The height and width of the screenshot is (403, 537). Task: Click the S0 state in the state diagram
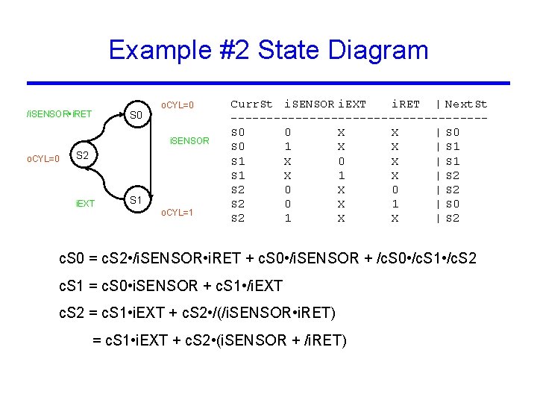tap(136, 116)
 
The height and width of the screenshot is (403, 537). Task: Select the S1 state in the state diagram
tap(136, 201)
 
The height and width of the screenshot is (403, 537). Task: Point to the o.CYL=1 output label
tap(178, 213)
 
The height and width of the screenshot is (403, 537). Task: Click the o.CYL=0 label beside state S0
tap(178, 104)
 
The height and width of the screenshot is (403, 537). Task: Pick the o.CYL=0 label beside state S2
tap(43, 159)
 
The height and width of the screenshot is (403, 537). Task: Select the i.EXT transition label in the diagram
tap(86, 203)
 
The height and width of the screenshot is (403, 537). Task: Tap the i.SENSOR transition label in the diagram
tap(189, 140)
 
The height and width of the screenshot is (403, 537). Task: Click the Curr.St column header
tap(251, 104)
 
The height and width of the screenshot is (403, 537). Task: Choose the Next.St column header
tap(465, 104)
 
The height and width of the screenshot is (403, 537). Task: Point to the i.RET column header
tap(406, 104)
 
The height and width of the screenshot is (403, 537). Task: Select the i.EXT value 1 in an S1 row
tap(341, 175)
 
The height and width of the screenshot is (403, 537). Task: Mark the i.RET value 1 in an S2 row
tap(395, 204)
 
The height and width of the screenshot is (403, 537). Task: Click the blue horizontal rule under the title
tap(268, 83)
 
